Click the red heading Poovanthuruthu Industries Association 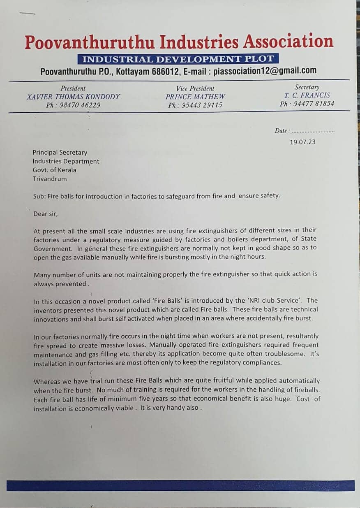[179, 42]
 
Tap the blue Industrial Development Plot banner [178, 58]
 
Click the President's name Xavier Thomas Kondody [74, 97]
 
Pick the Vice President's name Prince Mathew [195, 97]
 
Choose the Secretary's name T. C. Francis [307, 95]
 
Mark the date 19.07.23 [302, 142]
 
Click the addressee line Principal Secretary [60, 153]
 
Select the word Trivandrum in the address [50, 179]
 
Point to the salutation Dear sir [46, 214]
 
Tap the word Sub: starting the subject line [39, 196]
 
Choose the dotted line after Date [313, 131]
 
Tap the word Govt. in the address [41, 170]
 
